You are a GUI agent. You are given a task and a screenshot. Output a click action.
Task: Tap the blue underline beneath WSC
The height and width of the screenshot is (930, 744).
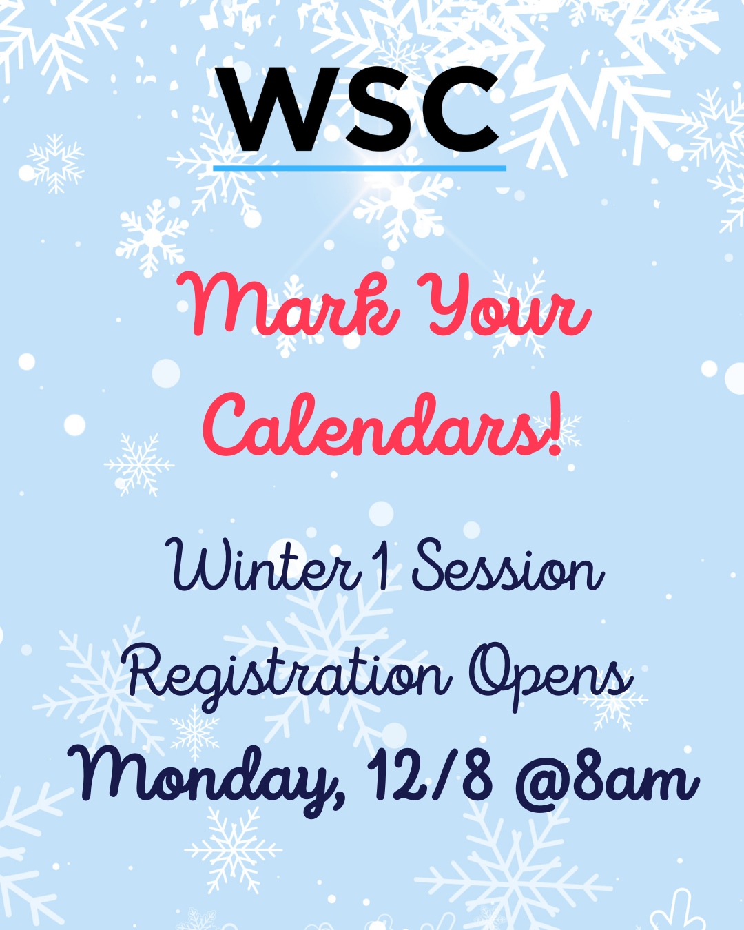[360, 167]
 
